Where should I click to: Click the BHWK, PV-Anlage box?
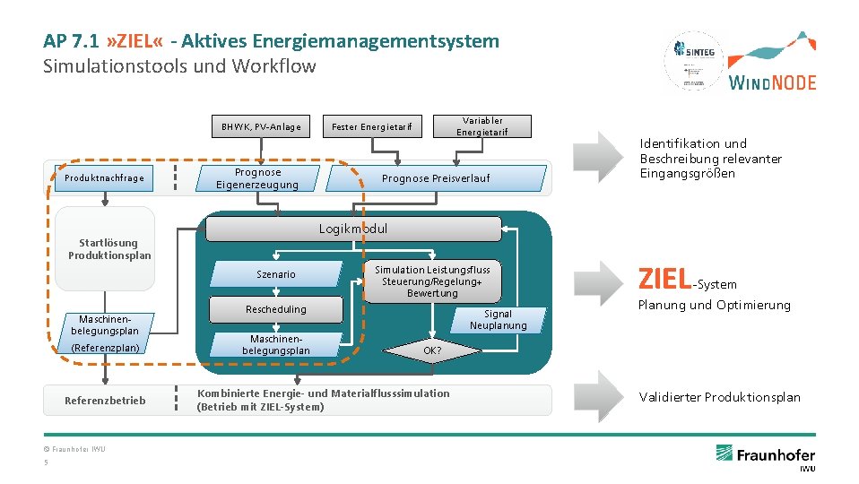pyautogui.click(x=261, y=126)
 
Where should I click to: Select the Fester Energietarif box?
pyautogui.click(x=372, y=126)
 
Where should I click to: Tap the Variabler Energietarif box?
pyautogui.click(x=482, y=126)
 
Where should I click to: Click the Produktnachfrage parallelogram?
pyautogui.click(x=103, y=177)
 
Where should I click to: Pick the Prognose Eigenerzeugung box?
pyautogui.click(x=257, y=178)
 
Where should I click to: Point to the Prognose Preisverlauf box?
pyautogui.click(x=436, y=178)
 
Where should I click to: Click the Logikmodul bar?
pyautogui.click(x=353, y=229)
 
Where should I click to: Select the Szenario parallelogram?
pyautogui.click(x=276, y=274)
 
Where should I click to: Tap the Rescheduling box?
pyautogui.click(x=276, y=309)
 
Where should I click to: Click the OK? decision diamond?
pyautogui.click(x=432, y=350)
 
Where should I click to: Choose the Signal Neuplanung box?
pyautogui.click(x=498, y=320)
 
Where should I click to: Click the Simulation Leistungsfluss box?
pyautogui.click(x=432, y=281)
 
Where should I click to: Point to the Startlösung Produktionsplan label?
pyautogui.click(x=109, y=249)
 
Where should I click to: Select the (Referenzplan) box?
pyautogui.click(x=104, y=347)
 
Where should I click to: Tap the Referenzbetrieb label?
pyautogui.click(x=105, y=400)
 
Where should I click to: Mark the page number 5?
pyautogui.click(x=46, y=462)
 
